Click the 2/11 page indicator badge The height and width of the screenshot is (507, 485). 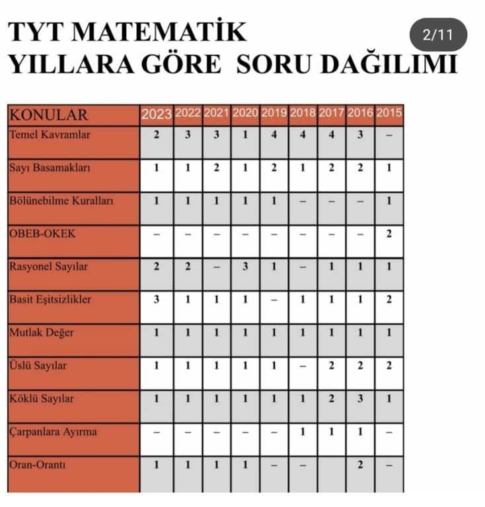pyautogui.click(x=438, y=35)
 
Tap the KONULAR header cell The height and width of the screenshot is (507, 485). pyautogui.click(x=48, y=115)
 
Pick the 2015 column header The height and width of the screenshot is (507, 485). pyautogui.click(x=389, y=113)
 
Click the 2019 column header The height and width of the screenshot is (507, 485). pyautogui.click(x=274, y=113)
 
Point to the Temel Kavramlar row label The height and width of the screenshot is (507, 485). pyautogui.click(x=50, y=135)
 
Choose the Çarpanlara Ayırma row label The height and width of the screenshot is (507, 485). pyautogui.click(x=54, y=432)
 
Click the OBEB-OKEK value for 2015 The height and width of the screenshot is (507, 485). pyautogui.click(x=389, y=234)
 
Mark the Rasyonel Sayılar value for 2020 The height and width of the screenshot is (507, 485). pyautogui.click(x=245, y=267)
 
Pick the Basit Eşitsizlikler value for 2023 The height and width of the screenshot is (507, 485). pyautogui.click(x=157, y=300)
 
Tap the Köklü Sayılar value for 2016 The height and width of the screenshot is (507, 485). pyautogui.click(x=361, y=399)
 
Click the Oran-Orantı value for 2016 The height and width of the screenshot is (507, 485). pyautogui.click(x=361, y=465)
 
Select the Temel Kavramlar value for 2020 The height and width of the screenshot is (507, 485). pyautogui.click(x=245, y=135)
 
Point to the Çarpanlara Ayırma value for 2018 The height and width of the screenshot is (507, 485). pyautogui.click(x=303, y=432)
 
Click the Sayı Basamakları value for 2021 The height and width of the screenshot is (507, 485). pyautogui.click(x=217, y=168)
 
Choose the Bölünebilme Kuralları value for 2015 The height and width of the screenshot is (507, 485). pyautogui.click(x=389, y=201)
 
